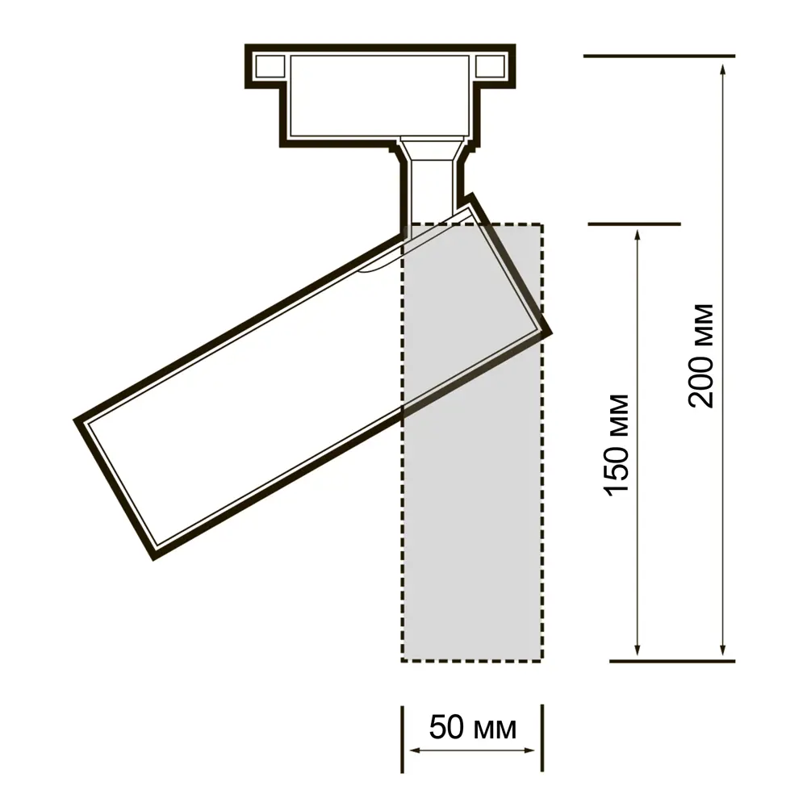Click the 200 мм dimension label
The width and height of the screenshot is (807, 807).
pos(702,356)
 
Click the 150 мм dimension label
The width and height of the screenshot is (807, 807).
pos(617,445)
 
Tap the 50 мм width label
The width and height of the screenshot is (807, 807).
pos(472,728)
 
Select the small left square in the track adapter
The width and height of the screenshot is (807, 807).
pos(270,66)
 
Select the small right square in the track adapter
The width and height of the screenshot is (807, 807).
pos(490,66)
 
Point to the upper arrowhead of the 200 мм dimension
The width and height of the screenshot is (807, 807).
pos(723,70)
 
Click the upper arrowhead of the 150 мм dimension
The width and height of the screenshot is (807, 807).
pos(638,237)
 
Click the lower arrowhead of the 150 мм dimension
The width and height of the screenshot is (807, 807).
pos(638,649)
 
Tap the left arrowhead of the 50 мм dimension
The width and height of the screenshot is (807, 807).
pos(416,751)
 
